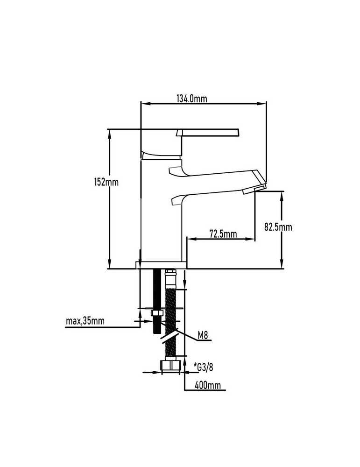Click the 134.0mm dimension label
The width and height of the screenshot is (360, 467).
192,98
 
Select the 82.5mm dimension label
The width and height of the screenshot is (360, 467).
278,227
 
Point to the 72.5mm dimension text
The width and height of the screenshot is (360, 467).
223,234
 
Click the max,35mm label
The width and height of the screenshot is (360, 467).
85,321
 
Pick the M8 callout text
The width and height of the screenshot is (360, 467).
203,336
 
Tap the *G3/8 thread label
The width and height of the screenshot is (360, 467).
204,367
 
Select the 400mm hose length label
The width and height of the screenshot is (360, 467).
208,385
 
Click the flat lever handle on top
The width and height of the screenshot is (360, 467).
207,132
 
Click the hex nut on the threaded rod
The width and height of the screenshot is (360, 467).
156,313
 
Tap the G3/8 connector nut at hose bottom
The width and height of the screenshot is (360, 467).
170,366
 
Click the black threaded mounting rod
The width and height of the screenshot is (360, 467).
156,301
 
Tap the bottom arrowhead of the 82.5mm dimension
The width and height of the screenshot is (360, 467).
281,264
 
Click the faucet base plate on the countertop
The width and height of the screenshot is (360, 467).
161,265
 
